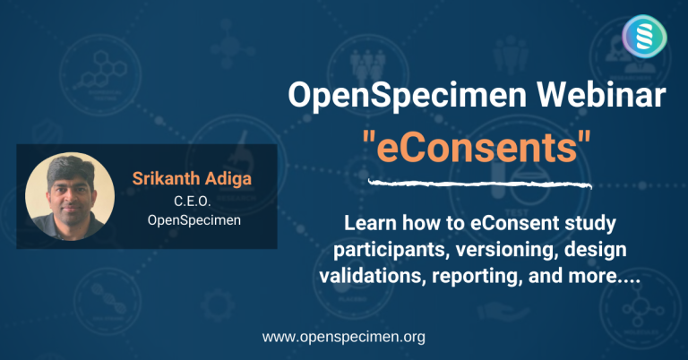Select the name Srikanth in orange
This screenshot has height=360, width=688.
[165, 177]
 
